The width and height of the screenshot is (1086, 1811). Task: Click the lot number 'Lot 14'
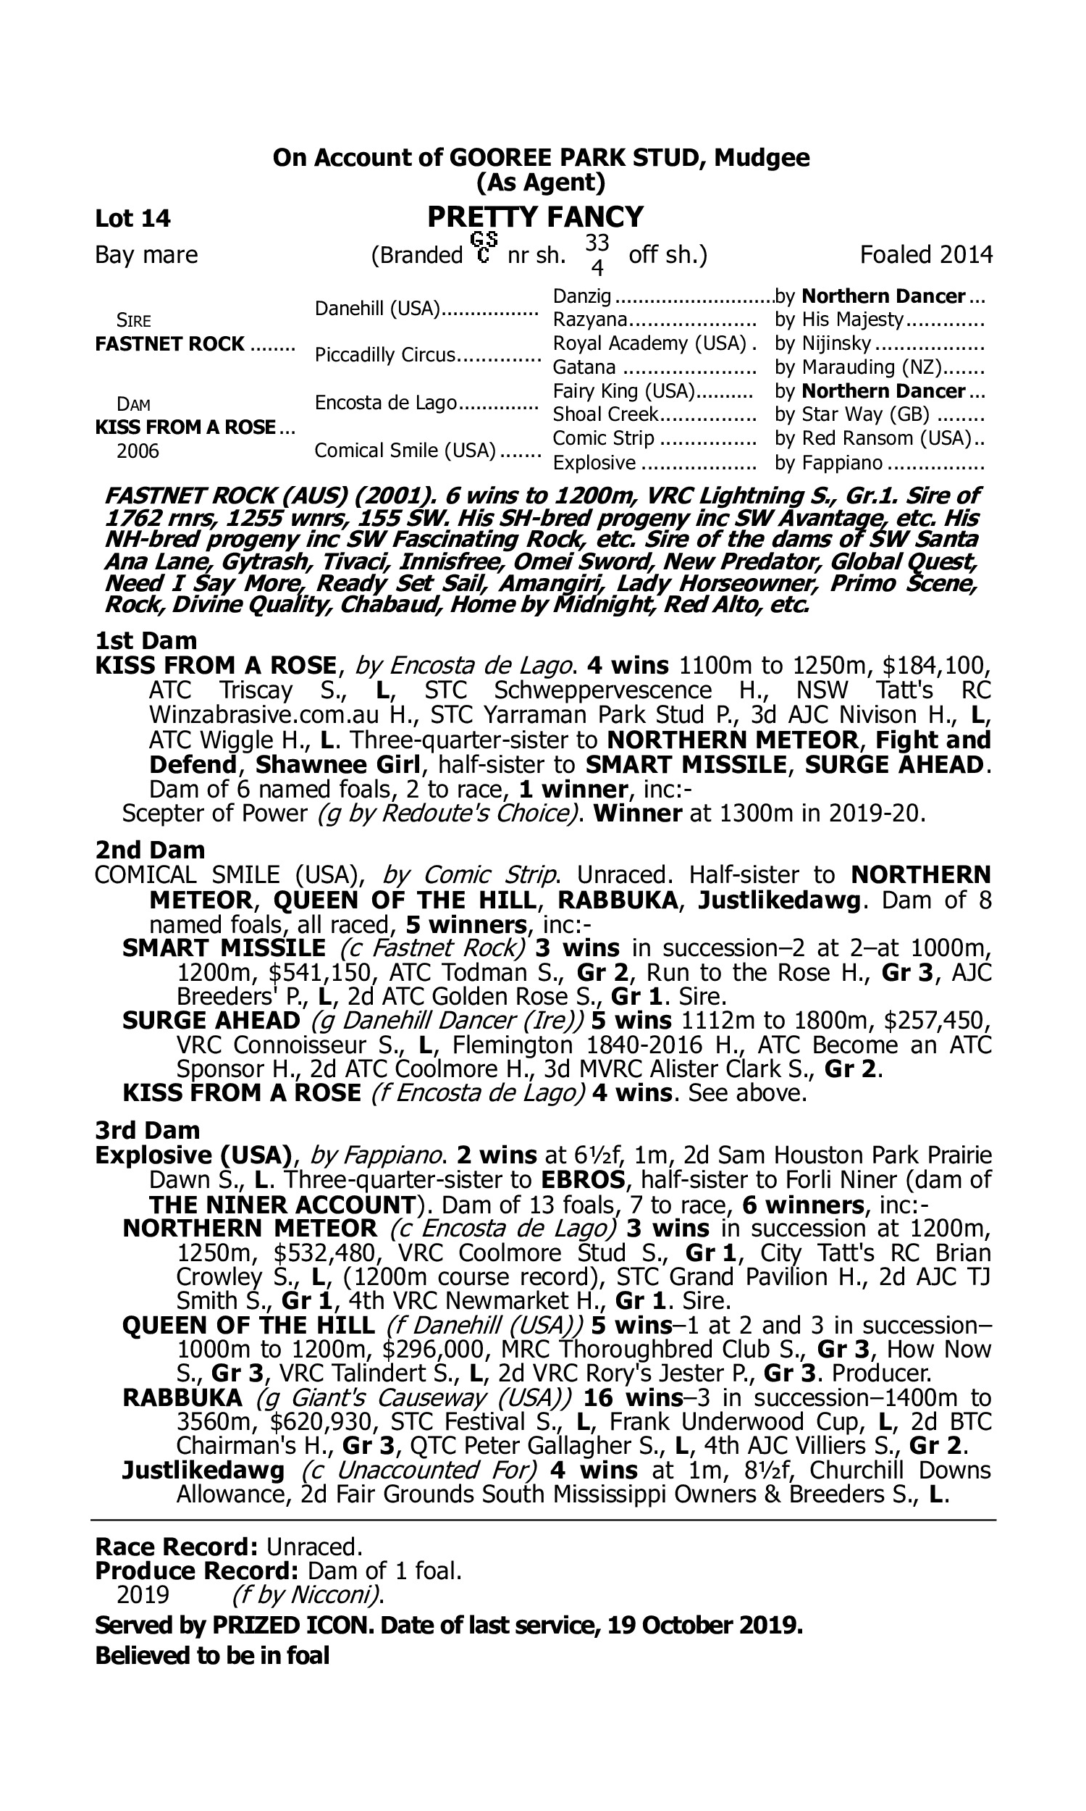(132, 218)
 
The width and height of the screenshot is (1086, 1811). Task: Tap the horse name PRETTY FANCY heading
(535, 217)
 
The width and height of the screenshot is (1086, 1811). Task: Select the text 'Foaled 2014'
(926, 255)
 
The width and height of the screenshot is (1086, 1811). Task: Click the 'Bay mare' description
(146, 255)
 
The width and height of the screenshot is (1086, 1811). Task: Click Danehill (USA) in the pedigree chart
(376, 308)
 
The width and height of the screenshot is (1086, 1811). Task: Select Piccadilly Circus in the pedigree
(385, 355)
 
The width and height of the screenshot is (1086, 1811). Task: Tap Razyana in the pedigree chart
(590, 319)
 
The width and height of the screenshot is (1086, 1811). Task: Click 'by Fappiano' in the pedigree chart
(828, 463)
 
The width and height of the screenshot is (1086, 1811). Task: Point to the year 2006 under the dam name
(138, 451)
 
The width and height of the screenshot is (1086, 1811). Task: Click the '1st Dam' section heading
(146, 640)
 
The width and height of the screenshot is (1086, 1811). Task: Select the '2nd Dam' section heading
(149, 850)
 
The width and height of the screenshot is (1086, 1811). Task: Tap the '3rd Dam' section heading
(147, 1130)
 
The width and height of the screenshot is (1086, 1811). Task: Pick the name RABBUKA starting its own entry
(182, 1397)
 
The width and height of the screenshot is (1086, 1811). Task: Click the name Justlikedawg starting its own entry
(203, 1470)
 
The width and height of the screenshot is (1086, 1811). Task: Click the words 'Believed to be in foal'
(212, 1655)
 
